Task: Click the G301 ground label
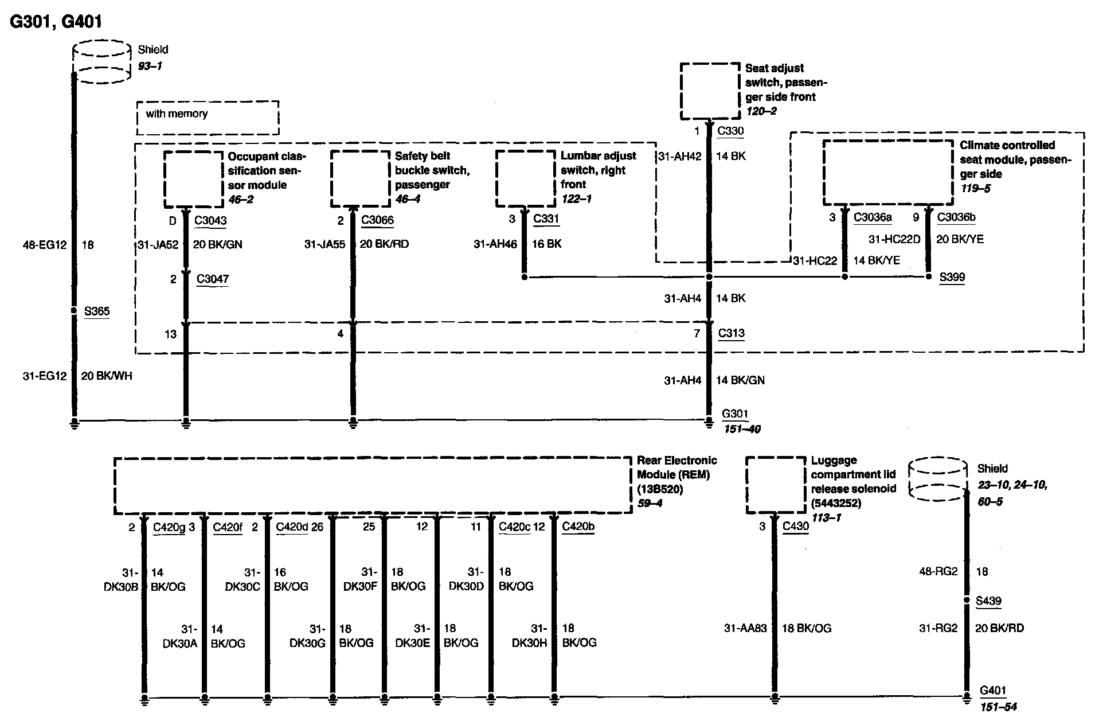tap(735, 414)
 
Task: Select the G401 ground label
tap(993, 691)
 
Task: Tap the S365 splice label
tap(96, 311)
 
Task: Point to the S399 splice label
tap(952, 277)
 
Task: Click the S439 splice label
tap(988, 601)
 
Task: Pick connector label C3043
tap(210, 220)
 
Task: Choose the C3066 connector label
tap(377, 220)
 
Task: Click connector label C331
tap(546, 219)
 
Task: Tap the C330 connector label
tap(730, 131)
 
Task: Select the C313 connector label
tap(731, 333)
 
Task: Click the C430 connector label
tap(796, 526)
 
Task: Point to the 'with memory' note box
tap(208, 118)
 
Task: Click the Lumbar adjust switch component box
tap(526, 178)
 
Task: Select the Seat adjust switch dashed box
tap(710, 91)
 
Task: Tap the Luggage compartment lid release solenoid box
tap(776, 485)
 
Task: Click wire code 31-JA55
tap(324, 244)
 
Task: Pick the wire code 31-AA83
tap(745, 628)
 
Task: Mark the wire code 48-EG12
tap(45, 245)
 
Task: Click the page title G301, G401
tap(56, 22)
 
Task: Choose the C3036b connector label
tap(956, 217)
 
